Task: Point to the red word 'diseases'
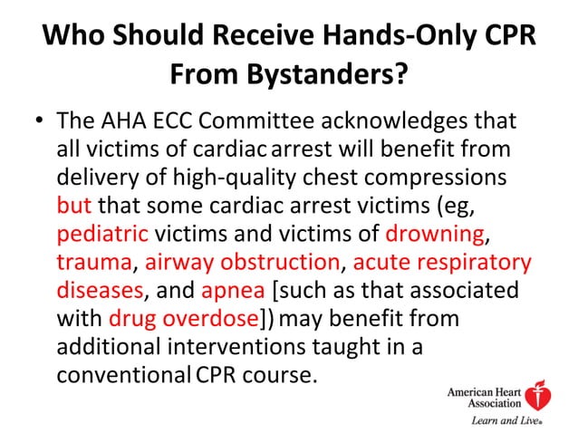pyautogui.click(x=100, y=292)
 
